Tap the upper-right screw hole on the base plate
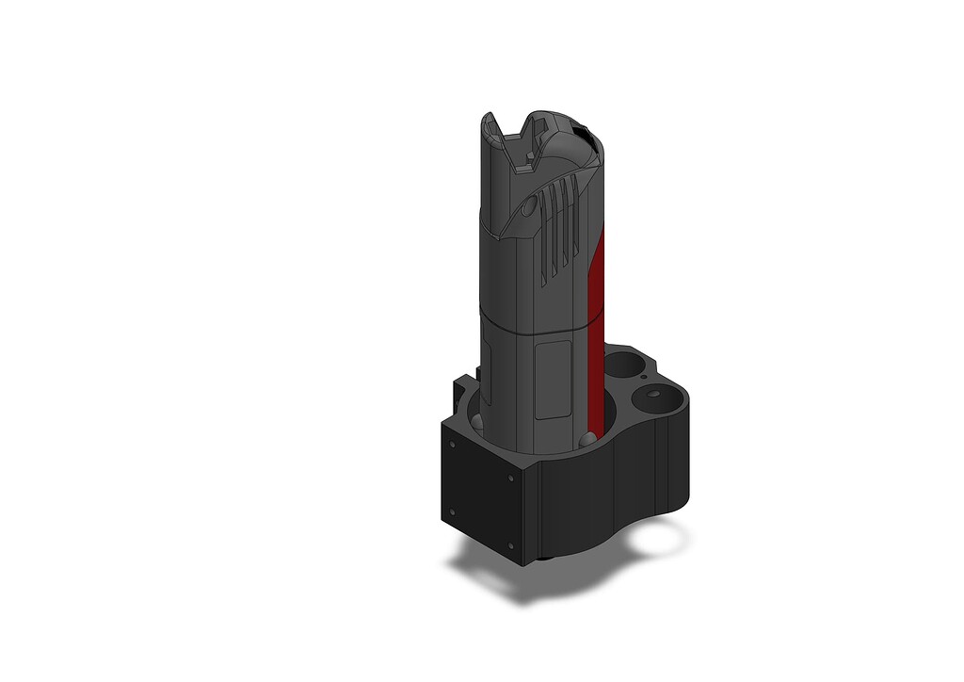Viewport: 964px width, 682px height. click(510, 478)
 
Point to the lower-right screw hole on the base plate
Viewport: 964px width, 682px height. click(509, 545)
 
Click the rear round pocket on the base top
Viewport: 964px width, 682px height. click(622, 362)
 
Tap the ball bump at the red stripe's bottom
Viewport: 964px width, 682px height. click(588, 438)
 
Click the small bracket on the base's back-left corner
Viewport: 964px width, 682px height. click(460, 385)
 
